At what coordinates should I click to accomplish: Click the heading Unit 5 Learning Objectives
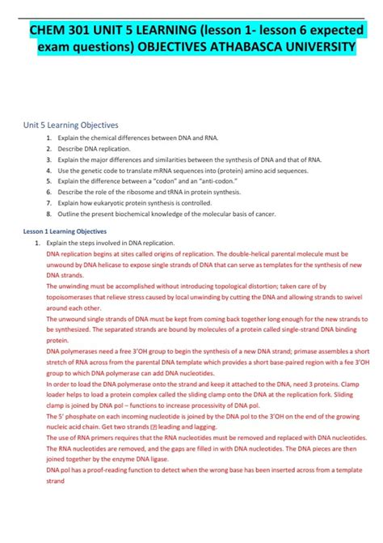tap(70, 125)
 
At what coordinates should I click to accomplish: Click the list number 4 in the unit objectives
tap(48, 172)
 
